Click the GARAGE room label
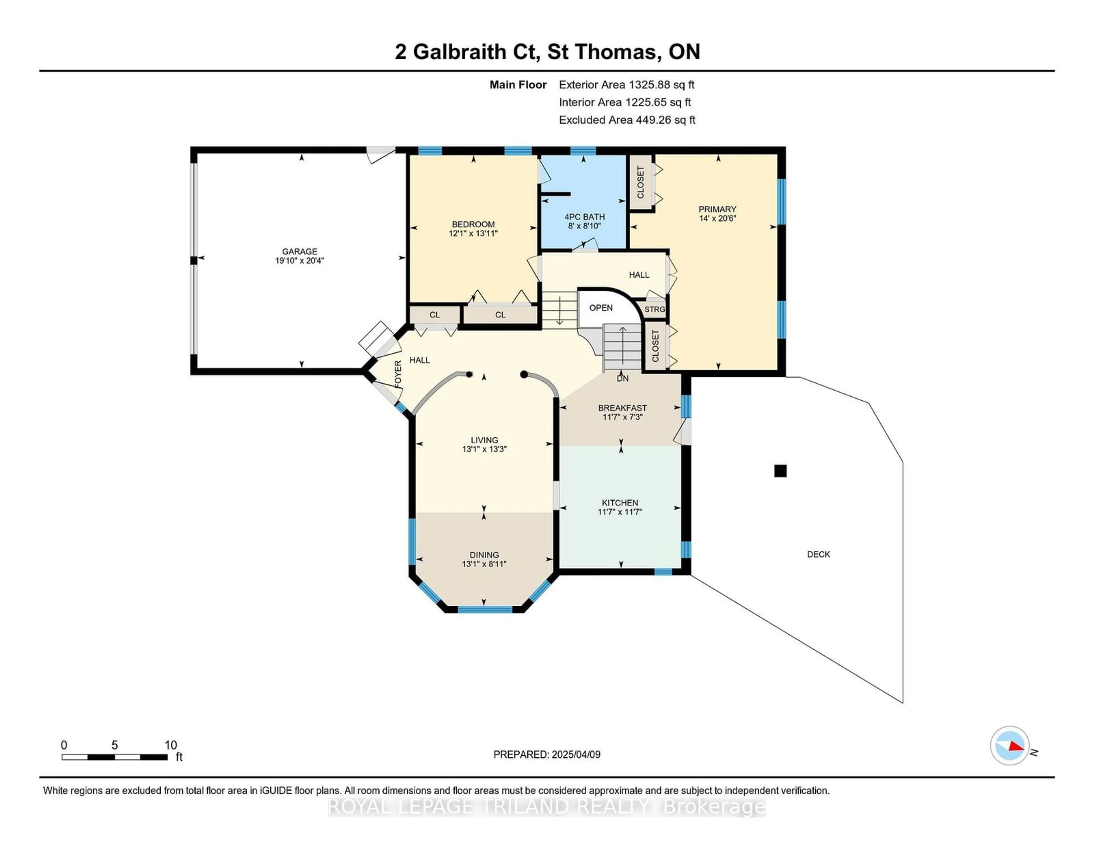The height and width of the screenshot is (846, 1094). pos(299,251)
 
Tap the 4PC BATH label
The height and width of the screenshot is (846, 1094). pos(585,217)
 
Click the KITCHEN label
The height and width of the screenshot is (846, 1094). pos(620,502)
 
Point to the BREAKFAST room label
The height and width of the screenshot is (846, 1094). pos(622,408)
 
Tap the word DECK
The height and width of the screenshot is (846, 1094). pos(819,555)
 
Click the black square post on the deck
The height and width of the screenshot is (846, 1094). pos(780,471)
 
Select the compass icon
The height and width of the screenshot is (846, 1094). pos(1010,746)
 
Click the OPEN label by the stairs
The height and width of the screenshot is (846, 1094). pos(601,307)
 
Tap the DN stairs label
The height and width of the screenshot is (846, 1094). pos(622,379)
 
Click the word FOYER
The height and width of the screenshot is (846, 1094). pos(398,374)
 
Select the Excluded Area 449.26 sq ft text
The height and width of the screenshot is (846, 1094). pos(627,120)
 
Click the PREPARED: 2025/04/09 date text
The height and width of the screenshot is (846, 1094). pos(547,754)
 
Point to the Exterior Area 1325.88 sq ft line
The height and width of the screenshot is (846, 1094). pos(627,85)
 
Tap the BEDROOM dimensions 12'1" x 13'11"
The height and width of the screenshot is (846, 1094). pos(473,233)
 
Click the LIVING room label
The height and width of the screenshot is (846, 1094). pos(484,440)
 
